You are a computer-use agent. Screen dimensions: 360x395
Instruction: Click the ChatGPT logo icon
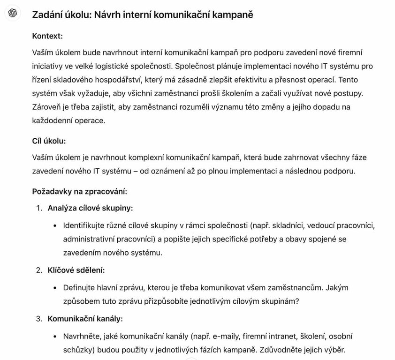click(x=13, y=14)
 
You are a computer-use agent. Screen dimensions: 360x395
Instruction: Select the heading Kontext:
click(x=47, y=36)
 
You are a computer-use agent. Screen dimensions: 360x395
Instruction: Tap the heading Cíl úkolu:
click(x=49, y=141)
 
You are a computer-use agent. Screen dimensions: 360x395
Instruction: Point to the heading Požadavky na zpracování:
click(x=80, y=191)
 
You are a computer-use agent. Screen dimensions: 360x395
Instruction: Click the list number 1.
click(x=39, y=208)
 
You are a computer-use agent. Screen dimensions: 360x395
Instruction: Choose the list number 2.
click(x=39, y=270)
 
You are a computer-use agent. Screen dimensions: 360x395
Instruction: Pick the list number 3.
click(x=39, y=319)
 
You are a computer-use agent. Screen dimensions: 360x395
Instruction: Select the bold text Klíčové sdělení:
click(x=76, y=270)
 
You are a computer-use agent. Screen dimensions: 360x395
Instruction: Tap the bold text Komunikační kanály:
click(x=85, y=319)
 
